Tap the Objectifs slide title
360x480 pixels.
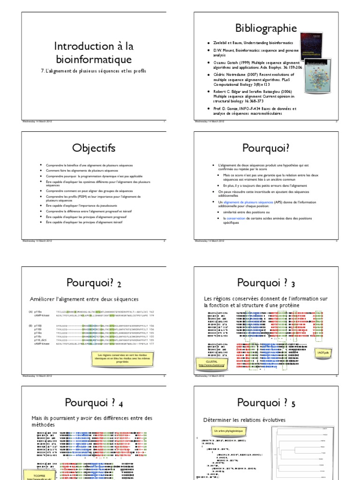point(93,148)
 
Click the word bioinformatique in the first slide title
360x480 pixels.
point(93,59)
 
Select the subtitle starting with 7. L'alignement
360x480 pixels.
point(93,71)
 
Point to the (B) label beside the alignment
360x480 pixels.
point(30,324)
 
